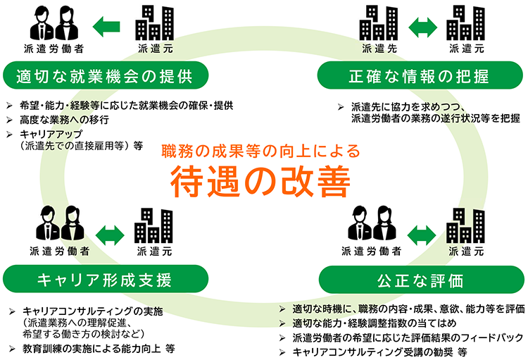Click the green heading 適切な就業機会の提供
[x=104, y=76]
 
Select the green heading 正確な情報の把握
[x=419, y=76]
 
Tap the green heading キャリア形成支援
[x=104, y=280]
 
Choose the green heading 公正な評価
[x=420, y=280]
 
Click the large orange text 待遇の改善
[x=260, y=181]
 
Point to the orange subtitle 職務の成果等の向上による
[x=261, y=151]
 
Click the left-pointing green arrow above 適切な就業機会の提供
[x=106, y=27]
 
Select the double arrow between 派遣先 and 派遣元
[x=422, y=27]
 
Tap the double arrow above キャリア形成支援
[x=110, y=235]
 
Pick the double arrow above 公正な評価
[x=422, y=235]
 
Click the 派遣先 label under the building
[x=379, y=49]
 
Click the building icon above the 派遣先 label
[x=379, y=23]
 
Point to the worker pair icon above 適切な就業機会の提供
[x=54, y=23]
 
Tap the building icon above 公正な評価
[x=466, y=225]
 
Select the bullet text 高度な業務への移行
[x=64, y=120]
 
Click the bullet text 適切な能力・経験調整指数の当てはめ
[x=374, y=323]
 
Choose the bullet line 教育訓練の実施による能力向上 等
[x=99, y=349]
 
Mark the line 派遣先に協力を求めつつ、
[x=408, y=107]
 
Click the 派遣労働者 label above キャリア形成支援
[x=60, y=251]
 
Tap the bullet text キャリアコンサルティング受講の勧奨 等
[x=379, y=352]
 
